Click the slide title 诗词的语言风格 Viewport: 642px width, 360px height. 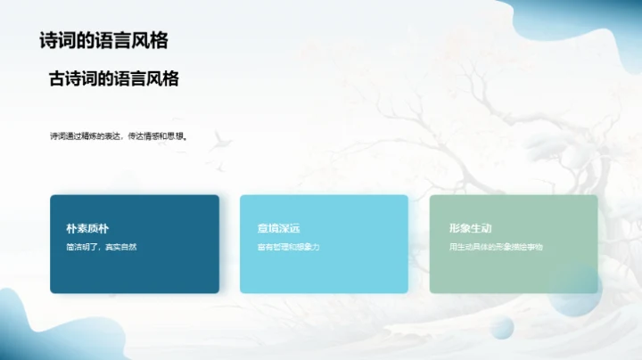(x=105, y=41)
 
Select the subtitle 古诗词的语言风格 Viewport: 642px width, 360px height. (x=114, y=79)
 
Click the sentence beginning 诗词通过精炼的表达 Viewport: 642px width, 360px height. (x=121, y=136)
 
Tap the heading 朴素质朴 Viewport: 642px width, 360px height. (x=87, y=228)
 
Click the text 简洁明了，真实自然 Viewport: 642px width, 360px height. (x=102, y=246)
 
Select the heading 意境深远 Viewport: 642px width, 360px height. (x=276, y=228)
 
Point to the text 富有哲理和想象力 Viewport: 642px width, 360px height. (x=288, y=246)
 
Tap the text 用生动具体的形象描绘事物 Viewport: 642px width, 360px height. (x=496, y=246)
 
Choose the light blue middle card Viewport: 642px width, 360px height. (x=324, y=272)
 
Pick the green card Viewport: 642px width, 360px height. (x=514, y=272)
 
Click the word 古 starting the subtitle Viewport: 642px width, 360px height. (x=57, y=79)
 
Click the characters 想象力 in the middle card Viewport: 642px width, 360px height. (x=307, y=246)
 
